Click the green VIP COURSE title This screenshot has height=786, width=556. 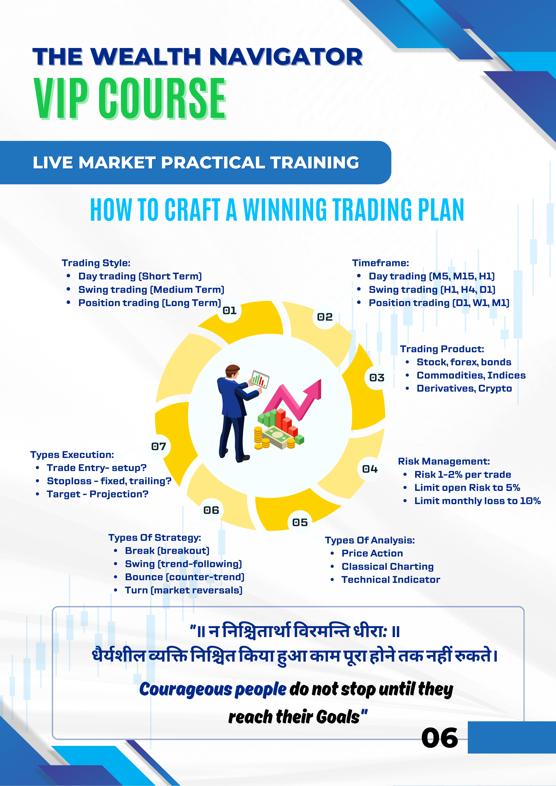pyautogui.click(x=130, y=98)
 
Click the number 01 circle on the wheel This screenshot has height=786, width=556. pyautogui.click(x=229, y=310)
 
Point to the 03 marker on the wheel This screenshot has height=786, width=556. pyautogui.click(x=377, y=378)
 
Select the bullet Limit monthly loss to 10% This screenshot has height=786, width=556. pyautogui.click(x=478, y=501)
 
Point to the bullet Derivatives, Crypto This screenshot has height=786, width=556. pyautogui.click(x=464, y=389)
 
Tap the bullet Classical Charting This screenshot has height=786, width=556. pyautogui.click(x=387, y=567)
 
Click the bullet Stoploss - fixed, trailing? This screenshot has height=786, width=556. pyautogui.click(x=109, y=481)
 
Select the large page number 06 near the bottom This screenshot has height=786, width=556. pyautogui.click(x=440, y=738)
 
